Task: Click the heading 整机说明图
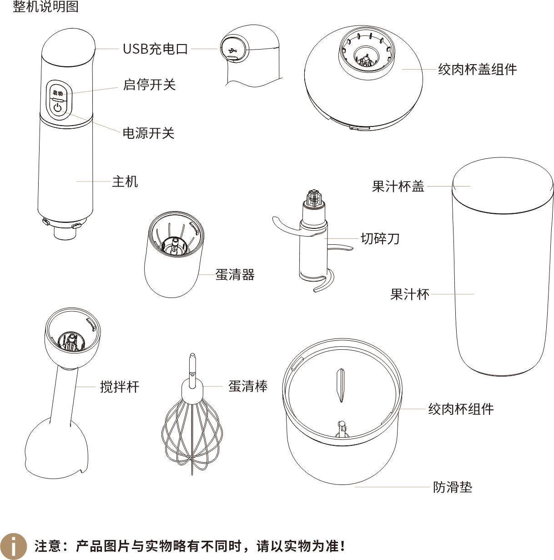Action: tap(45, 6)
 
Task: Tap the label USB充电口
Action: tap(155, 49)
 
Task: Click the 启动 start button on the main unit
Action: tap(58, 93)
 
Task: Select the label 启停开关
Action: tap(149, 85)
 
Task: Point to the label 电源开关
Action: tap(149, 133)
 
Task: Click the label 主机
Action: tap(125, 182)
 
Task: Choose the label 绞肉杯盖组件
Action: tap(478, 70)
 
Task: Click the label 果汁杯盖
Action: tap(398, 186)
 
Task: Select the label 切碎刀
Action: tap(380, 238)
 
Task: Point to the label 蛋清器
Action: tap(235, 274)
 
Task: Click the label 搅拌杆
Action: tap(120, 387)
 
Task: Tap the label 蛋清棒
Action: tap(248, 386)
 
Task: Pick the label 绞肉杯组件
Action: tap(461, 409)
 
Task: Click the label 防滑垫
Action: tap(453, 487)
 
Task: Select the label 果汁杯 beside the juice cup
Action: tap(409, 294)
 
